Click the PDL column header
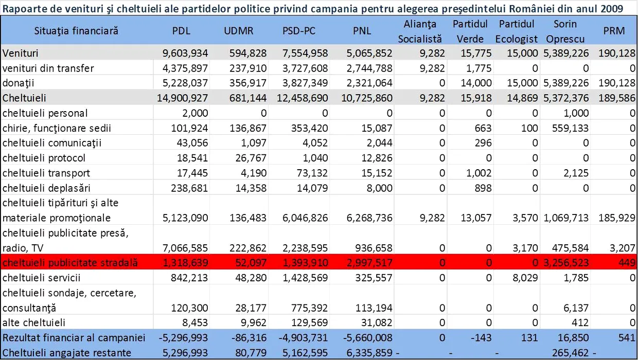click(x=181, y=31)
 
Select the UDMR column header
click(x=239, y=31)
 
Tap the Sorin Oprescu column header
click(x=565, y=31)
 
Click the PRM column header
click(x=614, y=31)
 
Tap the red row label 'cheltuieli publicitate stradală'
click(x=70, y=262)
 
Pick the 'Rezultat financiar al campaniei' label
click(x=74, y=338)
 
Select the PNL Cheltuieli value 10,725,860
click(x=365, y=98)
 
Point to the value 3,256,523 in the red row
click(x=565, y=262)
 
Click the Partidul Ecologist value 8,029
click(x=526, y=278)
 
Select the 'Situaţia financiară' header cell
click(x=77, y=31)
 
